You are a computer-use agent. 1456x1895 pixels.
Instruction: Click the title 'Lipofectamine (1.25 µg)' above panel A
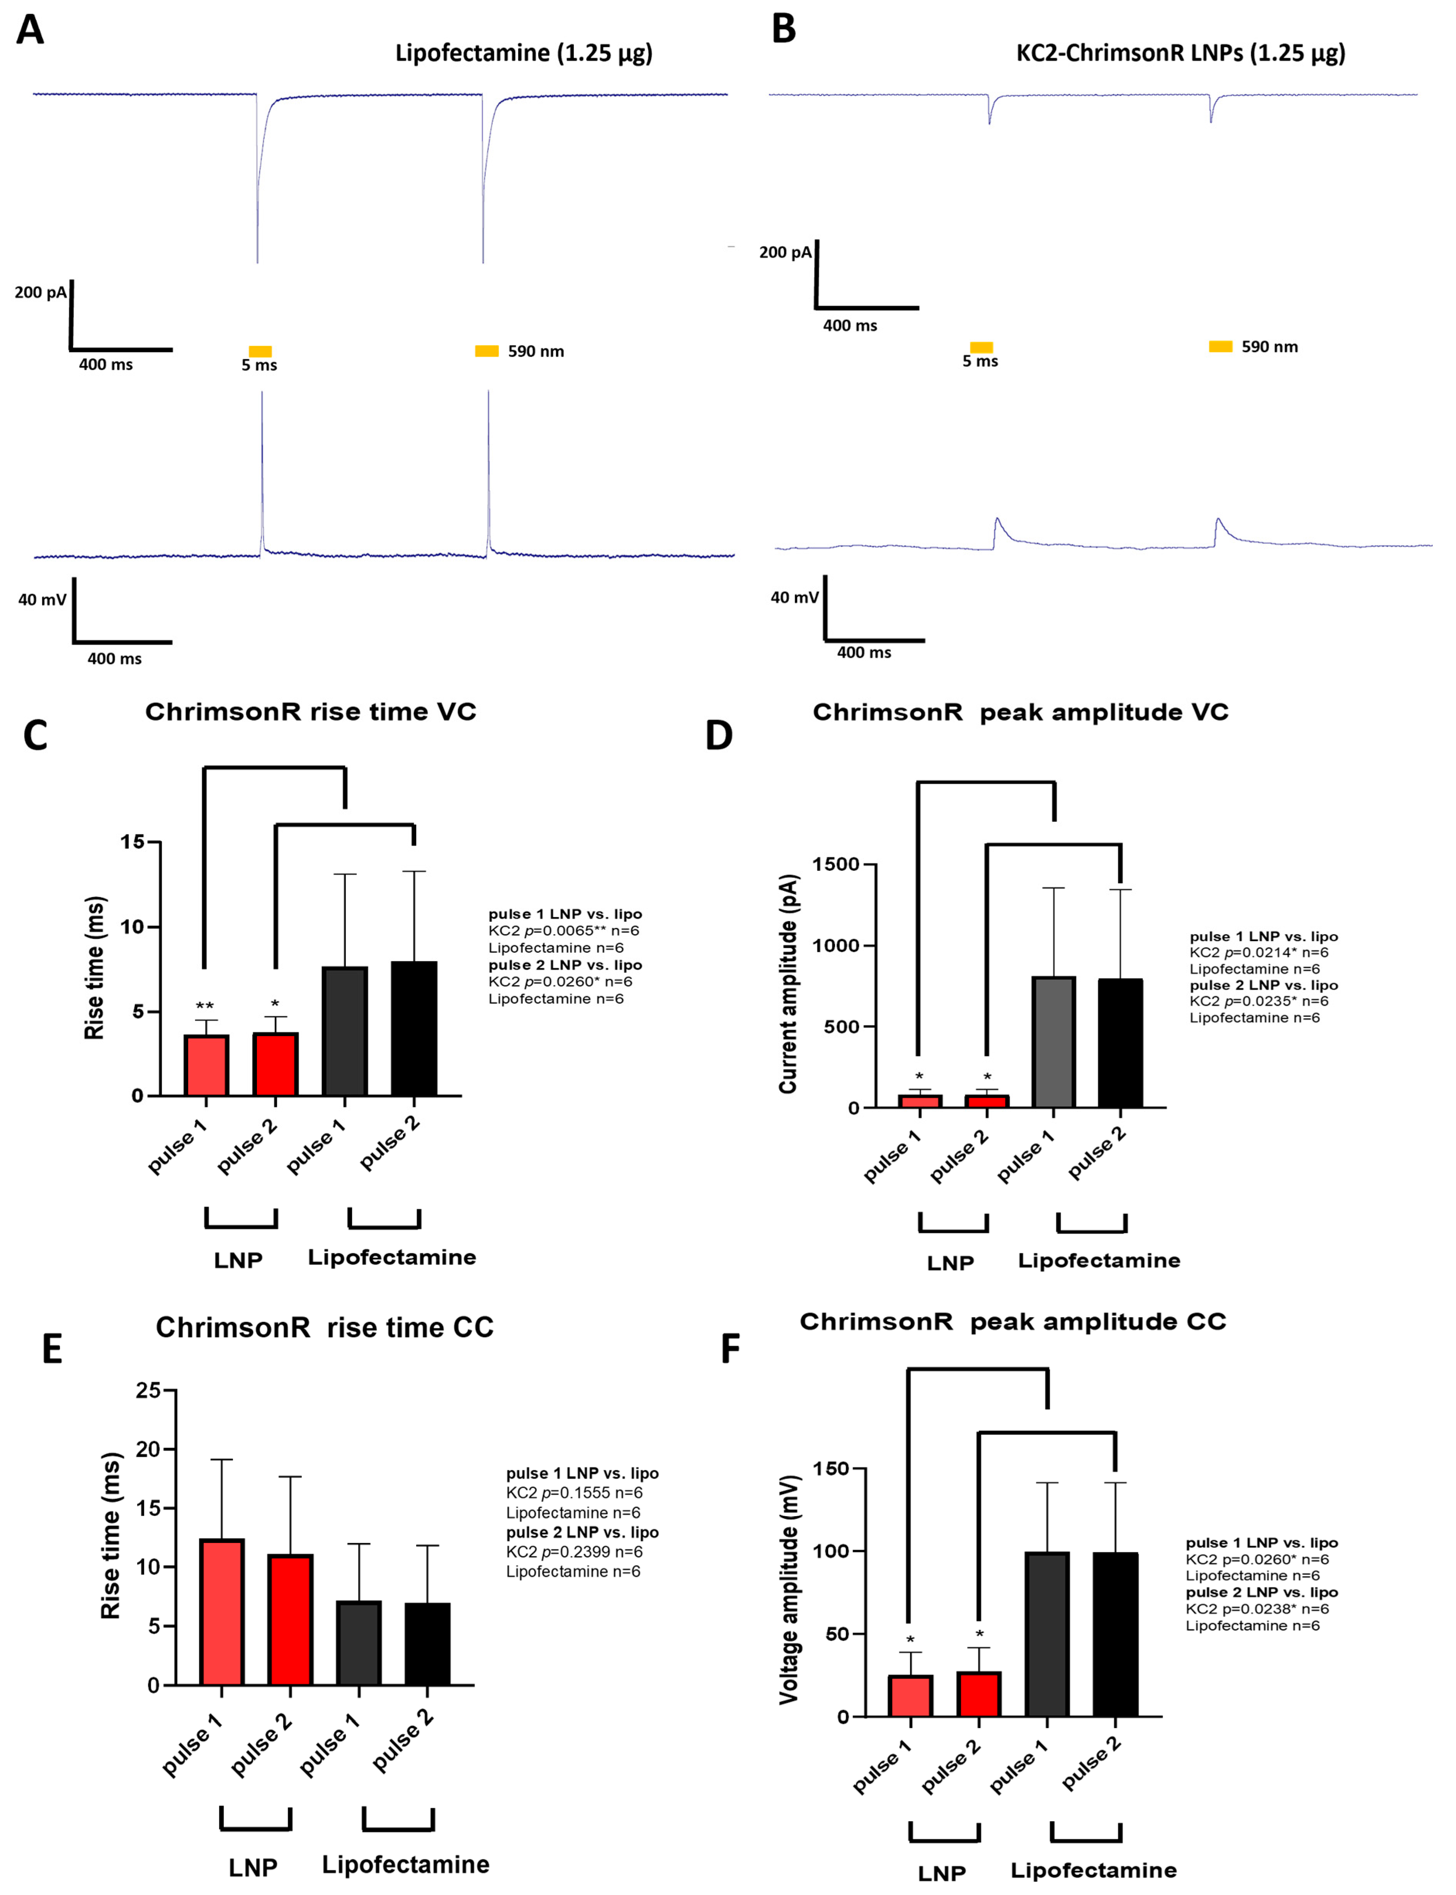(524, 53)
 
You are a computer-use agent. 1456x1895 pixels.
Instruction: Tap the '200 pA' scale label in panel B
(784, 252)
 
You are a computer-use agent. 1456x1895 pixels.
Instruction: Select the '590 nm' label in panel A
(536, 351)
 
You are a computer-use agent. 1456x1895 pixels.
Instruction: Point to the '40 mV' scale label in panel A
(42, 599)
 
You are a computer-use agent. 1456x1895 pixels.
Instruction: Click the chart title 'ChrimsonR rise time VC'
(310, 712)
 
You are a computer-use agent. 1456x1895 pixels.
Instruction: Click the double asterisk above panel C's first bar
(204, 1006)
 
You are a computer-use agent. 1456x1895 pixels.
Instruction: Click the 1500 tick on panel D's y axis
(835, 864)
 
